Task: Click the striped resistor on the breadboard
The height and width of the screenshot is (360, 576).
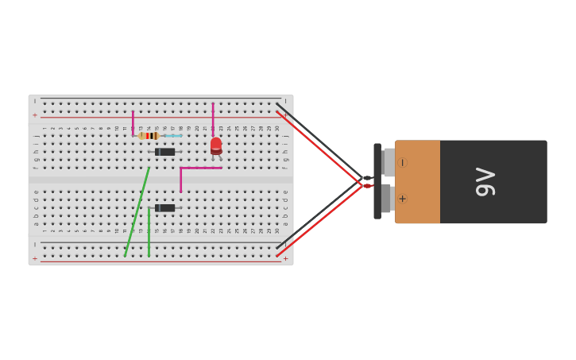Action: (x=148, y=136)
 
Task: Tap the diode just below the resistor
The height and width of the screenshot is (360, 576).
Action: (x=164, y=152)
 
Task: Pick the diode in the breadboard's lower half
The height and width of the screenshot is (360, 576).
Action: (x=164, y=208)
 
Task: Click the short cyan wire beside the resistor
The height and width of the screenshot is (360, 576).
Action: (x=172, y=136)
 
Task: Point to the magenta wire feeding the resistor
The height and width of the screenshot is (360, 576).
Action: (x=133, y=122)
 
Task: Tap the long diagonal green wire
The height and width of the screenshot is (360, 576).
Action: (x=137, y=212)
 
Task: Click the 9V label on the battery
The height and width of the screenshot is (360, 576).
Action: (x=485, y=182)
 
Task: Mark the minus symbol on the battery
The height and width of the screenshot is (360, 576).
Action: (x=402, y=163)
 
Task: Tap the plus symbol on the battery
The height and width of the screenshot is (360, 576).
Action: (x=402, y=199)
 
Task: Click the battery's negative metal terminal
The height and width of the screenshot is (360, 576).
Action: (x=389, y=163)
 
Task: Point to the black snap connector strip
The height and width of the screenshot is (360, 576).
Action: (x=377, y=181)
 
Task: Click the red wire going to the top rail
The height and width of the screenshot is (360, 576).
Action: (x=318, y=149)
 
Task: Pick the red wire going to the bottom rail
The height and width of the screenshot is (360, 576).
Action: (x=318, y=221)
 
